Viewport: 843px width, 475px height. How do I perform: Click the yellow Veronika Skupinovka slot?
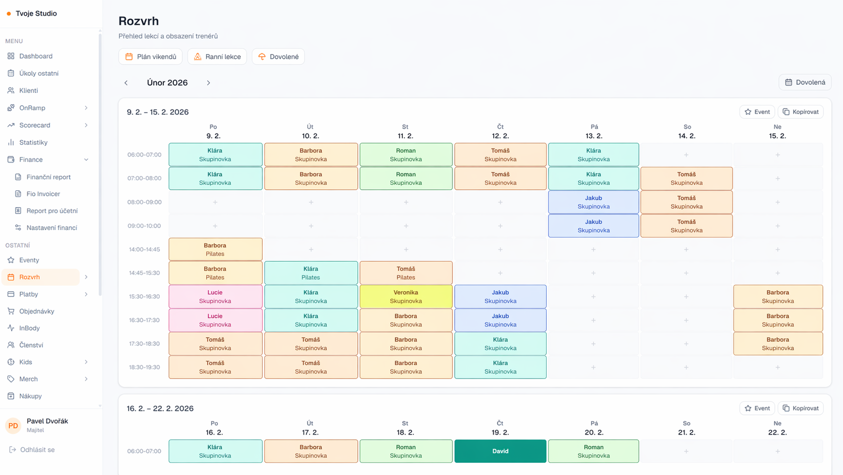tap(406, 296)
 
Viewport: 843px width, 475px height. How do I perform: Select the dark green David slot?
tap(500, 451)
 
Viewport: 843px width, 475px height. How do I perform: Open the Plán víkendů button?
tap(150, 57)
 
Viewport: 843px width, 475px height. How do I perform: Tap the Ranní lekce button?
tap(217, 57)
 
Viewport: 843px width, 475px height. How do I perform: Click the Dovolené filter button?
tap(278, 57)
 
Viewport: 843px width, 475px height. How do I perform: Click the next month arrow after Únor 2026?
tap(208, 83)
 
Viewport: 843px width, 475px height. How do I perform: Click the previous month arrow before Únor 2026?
tap(126, 83)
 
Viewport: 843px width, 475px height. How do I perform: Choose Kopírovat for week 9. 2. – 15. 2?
tap(801, 112)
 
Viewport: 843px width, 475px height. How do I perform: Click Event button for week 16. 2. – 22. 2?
tap(757, 408)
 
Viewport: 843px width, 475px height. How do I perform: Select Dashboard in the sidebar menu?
tap(36, 56)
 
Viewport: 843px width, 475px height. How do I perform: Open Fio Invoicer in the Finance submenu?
tap(43, 194)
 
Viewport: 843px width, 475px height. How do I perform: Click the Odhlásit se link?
tap(37, 449)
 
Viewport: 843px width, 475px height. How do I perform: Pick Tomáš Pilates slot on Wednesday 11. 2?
tap(406, 273)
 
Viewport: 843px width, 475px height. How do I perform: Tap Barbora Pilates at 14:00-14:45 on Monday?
tap(215, 249)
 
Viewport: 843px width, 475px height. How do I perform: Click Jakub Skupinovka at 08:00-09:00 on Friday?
tap(593, 202)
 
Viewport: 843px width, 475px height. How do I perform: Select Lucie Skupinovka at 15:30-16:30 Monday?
tap(215, 296)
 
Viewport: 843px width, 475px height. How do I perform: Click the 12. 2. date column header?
tap(500, 136)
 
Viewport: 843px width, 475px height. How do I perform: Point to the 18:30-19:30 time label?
tap(144, 367)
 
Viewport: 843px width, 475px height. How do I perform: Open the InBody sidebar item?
tap(29, 328)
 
